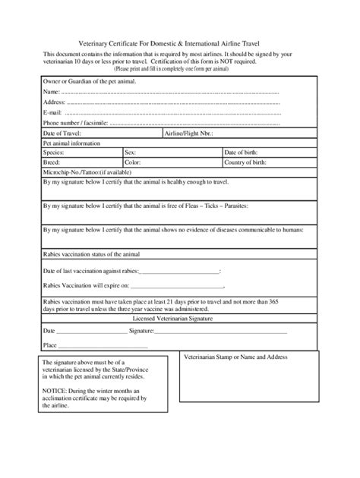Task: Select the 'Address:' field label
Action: [x=55, y=101]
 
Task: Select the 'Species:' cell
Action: [x=55, y=152]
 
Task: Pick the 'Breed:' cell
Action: [x=53, y=162]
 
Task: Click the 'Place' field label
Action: [x=51, y=344]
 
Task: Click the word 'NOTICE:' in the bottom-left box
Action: [x=55, y=390]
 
